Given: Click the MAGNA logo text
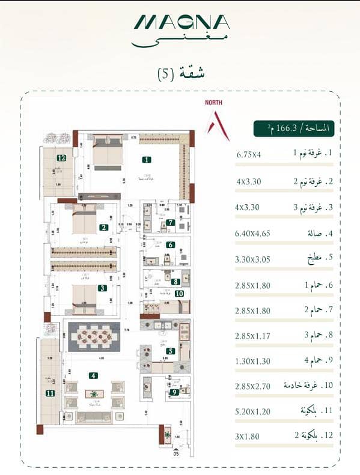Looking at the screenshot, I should pyautogui.click(x=182, y=22).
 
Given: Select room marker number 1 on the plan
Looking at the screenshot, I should pyautogui.click(x=145, y=160).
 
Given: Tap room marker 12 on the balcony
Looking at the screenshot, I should pyautogui.click(x=61, y=159).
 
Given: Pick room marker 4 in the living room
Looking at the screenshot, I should pyautogui.click(x=93, y=376).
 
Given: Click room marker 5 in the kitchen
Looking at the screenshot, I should pyautogui.click(x=171, y=352).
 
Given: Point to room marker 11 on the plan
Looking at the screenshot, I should pyautogui.click(x=49, y=394).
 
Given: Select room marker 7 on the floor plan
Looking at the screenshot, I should pyautogui.click(x=171, y=222).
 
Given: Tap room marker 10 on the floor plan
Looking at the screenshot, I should pyautogui.click(x=179, y=293).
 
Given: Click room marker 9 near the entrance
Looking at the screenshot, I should pyautogui.click(x=174, y=393).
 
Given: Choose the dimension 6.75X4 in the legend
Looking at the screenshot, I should pyautogui.click(x=248, y=154).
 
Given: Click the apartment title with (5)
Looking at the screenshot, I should pyautogui.click(x=180, y=74).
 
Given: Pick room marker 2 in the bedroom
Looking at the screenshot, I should pyautogui.click(x=103, y=228).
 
